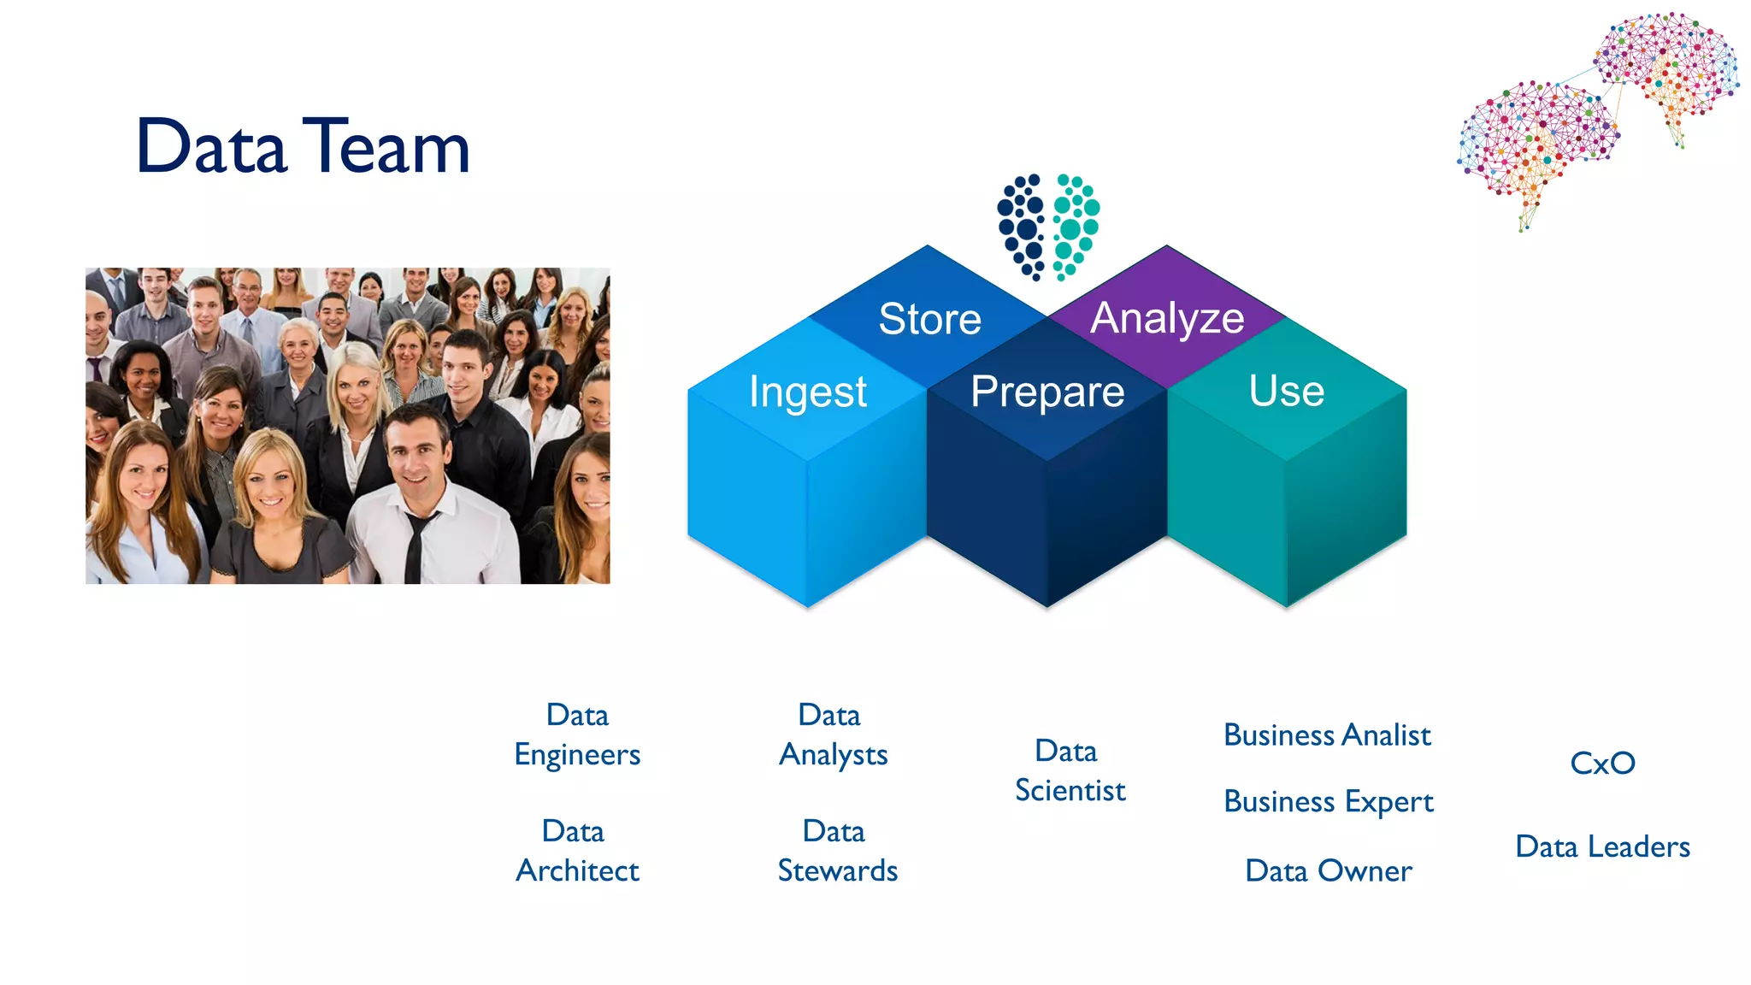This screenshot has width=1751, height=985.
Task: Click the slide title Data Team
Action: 303,147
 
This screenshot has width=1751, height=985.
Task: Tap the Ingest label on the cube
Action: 807,392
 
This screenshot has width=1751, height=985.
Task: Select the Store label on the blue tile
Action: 929,319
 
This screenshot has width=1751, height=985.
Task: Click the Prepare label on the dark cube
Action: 1047,392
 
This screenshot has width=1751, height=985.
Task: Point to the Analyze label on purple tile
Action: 1167,318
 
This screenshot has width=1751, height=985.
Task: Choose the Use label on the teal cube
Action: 1286,392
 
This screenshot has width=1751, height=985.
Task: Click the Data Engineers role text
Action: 577,735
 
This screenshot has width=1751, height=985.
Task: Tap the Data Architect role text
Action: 577,851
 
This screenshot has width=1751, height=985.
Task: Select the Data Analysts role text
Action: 833,735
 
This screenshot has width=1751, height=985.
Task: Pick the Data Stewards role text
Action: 837,851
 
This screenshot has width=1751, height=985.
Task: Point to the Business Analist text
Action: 1327,735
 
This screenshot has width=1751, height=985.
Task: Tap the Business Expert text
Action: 1328,802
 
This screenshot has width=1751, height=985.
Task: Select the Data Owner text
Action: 1328,871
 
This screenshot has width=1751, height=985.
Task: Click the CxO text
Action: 1602,763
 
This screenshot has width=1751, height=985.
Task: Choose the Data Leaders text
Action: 1602,846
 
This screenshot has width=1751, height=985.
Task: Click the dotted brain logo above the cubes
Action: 1047,227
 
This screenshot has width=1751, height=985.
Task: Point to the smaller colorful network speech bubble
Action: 1667,68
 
